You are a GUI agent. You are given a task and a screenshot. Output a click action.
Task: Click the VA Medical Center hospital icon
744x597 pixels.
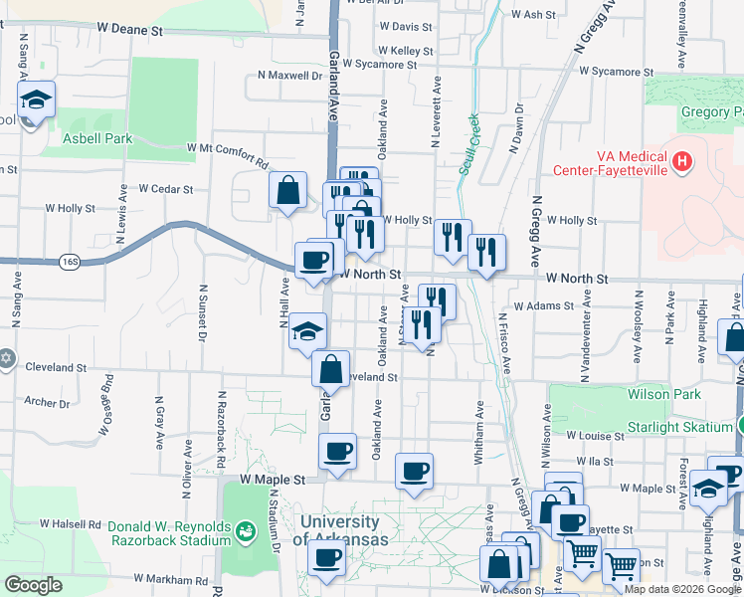(x=681, y=161)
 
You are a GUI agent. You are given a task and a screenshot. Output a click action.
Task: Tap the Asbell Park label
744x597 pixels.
(x=97, y=139)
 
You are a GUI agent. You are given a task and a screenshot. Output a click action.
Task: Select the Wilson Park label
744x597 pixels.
(x=657, y=394)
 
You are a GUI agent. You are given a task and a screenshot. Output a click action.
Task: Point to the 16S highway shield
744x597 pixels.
(x=69, y=262)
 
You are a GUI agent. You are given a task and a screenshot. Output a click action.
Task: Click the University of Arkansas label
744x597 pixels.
(x=339, y=530)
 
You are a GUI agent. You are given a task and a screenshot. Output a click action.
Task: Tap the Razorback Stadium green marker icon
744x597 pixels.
(x=244, y=535)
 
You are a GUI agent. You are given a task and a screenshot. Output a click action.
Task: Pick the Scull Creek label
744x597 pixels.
(x=468, y=144)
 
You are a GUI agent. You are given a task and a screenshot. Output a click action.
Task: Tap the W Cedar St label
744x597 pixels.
(x=165, y=188)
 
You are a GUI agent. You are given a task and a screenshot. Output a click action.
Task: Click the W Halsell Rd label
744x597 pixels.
(x=71, y=523)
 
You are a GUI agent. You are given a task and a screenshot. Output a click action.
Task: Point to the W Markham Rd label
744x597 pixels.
(x=168, y=578)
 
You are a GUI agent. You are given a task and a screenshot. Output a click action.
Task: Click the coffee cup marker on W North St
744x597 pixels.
(x=313, y=262)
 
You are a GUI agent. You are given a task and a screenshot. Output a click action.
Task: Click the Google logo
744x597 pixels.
(x=33, y=585)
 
